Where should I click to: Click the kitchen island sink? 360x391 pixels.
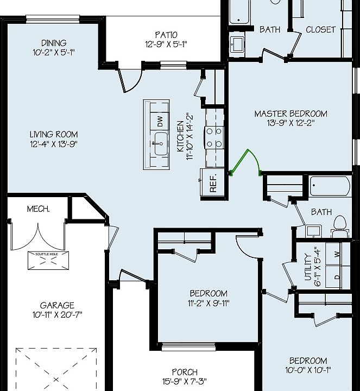pyautogui.click(x=160, y=144)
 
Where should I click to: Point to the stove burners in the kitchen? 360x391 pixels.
pyautogui.click(x=213, y=136)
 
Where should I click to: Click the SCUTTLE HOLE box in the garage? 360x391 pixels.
pyautogui.click(x=49, y=260)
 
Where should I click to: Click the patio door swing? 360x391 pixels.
pyautogui.click(x=129, y=81)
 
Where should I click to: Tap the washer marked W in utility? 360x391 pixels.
pyautogui.click(x=337, y=254)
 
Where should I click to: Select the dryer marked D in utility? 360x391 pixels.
pyautogui.click(x=337, y=276)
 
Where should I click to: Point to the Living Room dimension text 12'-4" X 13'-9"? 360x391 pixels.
pyautogui.click(x=54, y=144)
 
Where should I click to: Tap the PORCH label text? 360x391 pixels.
pyautogui.click(x=185, y=372)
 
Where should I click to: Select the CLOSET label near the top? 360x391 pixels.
pyautogui.click(x=320, y=29)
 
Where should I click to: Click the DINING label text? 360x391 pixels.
pyautogui.click(x=54, y=43)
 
